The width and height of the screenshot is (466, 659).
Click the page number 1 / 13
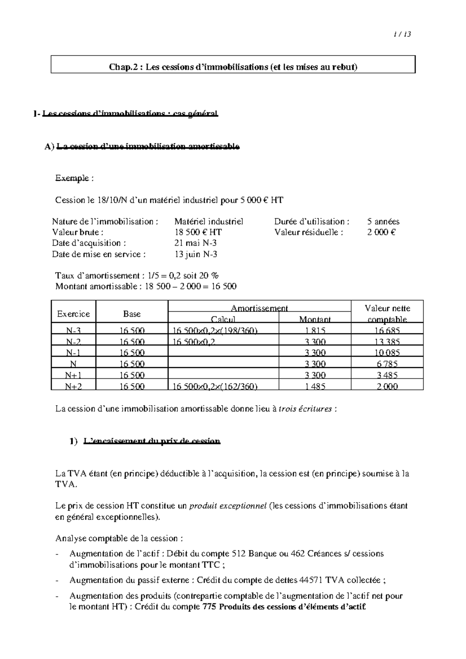[402, 34]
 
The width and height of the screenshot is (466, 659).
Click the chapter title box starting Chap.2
[233, 67]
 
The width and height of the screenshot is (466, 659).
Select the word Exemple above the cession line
[72, 179]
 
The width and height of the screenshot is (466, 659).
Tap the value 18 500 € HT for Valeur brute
[198, 232]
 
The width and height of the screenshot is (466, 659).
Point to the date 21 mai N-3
[195, 243]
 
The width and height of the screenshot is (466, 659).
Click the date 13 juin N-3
[196, 255]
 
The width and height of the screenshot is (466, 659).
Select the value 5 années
[383, 222]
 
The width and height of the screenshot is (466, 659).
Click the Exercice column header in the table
[73, 314]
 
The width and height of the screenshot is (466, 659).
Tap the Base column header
[132, 314]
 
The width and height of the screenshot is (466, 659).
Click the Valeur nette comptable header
[387, 314]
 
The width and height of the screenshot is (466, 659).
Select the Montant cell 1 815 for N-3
[315, 331]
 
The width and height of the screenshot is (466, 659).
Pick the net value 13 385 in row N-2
[387, 342]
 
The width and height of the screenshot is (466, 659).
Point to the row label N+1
[73, 375]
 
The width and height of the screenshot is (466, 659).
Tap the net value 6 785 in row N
[387, 364]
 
